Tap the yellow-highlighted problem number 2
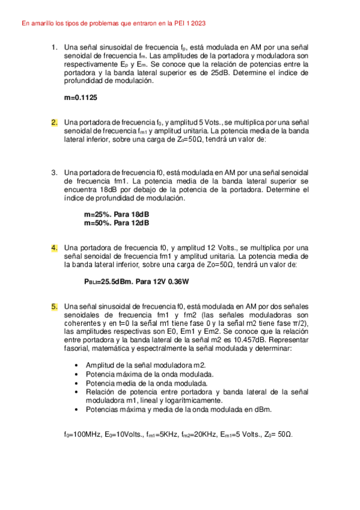[x=54, y=122]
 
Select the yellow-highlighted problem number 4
[x=54, y=247]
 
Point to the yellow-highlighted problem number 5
[x=54, y=307]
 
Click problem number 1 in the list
[x=54, y=47]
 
